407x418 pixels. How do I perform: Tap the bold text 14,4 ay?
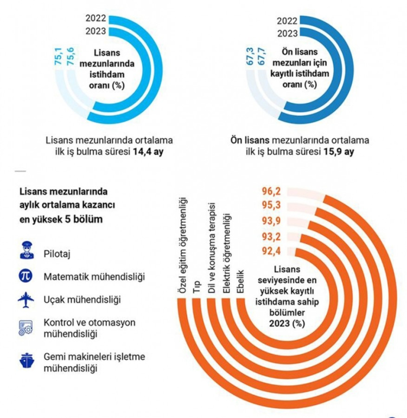(149, 151)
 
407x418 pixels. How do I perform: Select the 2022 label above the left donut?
(96, 18)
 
